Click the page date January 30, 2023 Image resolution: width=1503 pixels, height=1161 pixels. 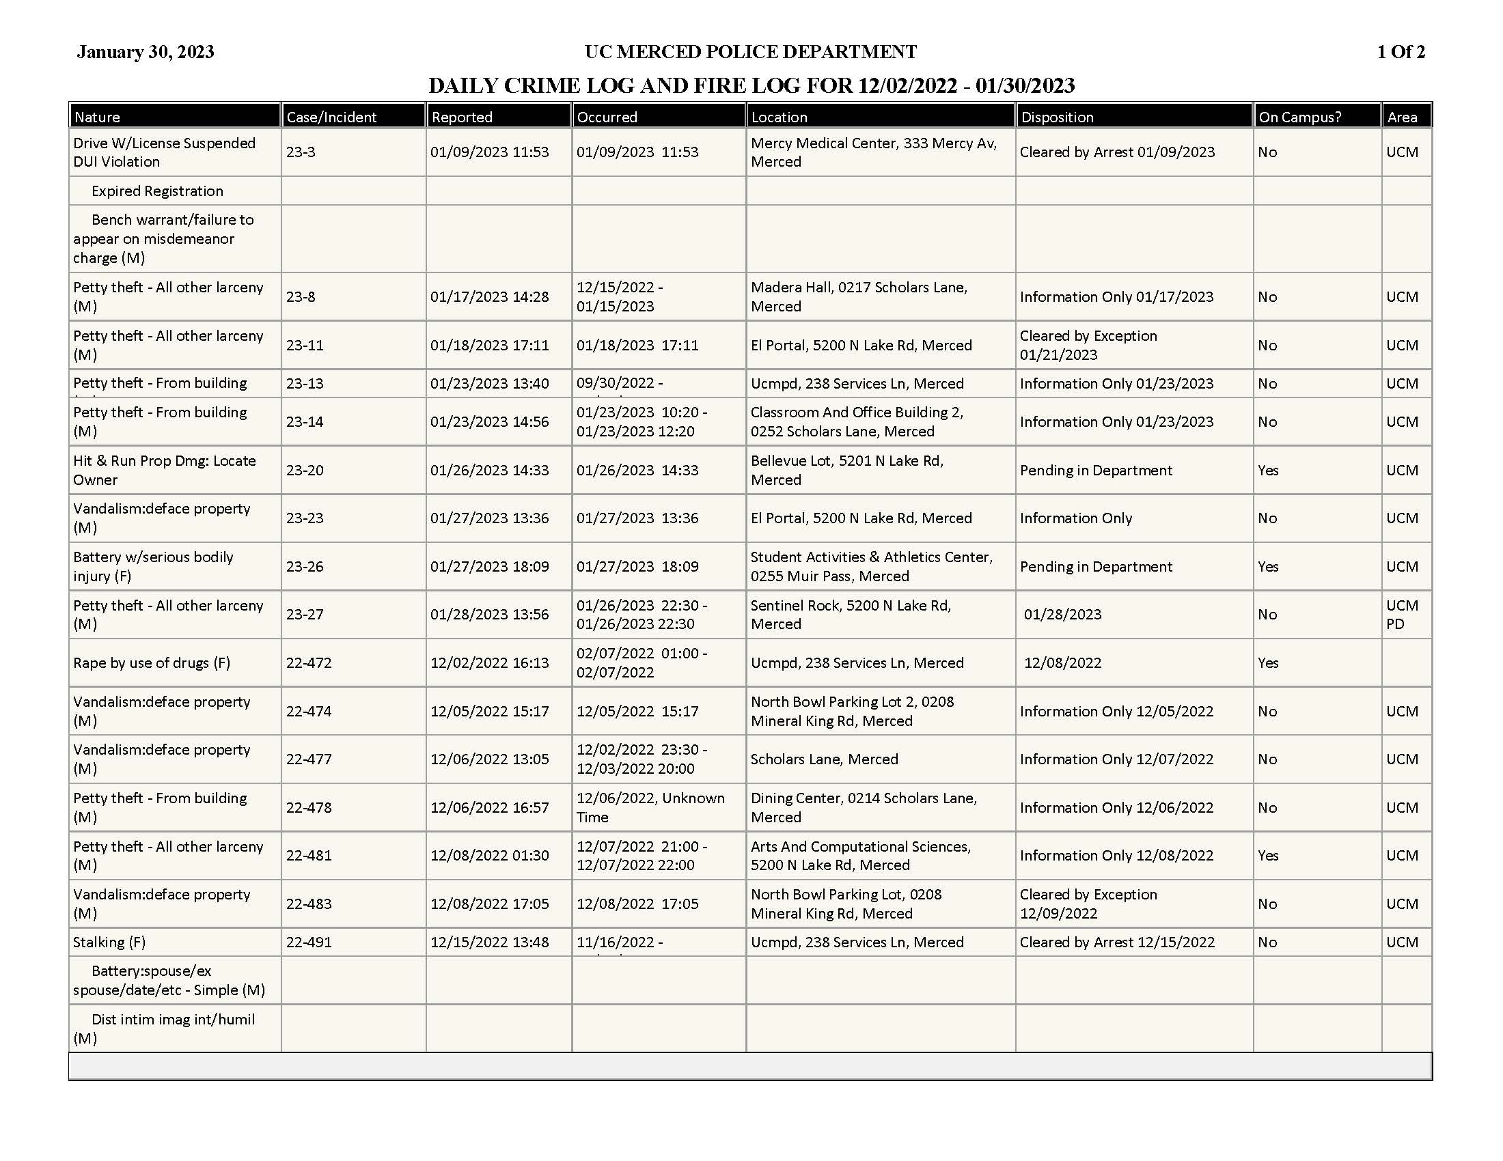[x=146, y=53]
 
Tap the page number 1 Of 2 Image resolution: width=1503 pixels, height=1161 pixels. [x=1401, y=53]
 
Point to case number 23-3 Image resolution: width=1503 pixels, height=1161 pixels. [x=301, y=152]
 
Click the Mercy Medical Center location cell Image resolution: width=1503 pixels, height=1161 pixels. [x=872, y=152]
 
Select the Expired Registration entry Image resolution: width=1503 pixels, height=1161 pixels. [x=157, y=191]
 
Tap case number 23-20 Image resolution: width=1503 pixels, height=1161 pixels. [x=304, y=471]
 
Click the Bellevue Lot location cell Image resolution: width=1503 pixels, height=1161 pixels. [x=846, y=471]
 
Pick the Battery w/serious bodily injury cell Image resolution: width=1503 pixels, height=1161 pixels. [x=153, y=567]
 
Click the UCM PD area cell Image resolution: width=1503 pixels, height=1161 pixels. [x=1402, y=615]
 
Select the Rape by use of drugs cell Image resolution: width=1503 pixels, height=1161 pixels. [x=152, y=663]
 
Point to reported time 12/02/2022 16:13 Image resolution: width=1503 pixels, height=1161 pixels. [x=489, y=663]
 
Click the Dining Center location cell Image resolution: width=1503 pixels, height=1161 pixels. [x=863, y=807]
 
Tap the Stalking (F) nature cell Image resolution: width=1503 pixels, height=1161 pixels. [x=109, y=942]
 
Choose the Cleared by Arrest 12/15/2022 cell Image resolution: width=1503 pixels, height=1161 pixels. [x=1116, y=942]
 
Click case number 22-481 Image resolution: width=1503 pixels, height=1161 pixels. [x=308, y=856]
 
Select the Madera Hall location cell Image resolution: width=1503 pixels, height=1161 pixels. [x=858, y=296]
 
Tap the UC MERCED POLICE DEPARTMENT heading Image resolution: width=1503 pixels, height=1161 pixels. [x=750, y=53]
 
